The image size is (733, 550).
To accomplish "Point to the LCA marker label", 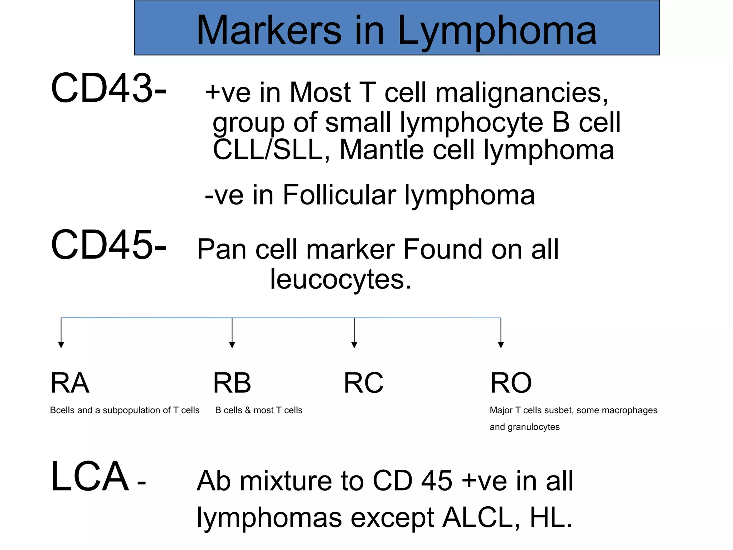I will click(x=90, y=477).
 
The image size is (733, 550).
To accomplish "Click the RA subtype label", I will click(x=70, y=383).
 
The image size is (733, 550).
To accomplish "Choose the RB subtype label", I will click(x=232, y=383).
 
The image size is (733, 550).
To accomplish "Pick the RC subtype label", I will click(x=363, y=383).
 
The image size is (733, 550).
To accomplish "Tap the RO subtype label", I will click(x=511, y=383).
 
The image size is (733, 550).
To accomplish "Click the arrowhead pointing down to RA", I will click(x=61, y=345).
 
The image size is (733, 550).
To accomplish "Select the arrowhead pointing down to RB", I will click(x=232, y=345).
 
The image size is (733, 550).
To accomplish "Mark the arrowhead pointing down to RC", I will click(x=354, y=345).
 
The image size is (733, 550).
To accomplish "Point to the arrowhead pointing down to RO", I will click(x=501, y=345).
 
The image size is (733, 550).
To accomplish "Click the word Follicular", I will click(x=339, y=195).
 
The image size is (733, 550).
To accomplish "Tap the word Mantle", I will click(x=382, y=150).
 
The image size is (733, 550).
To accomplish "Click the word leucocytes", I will click(x=340, y=279).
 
